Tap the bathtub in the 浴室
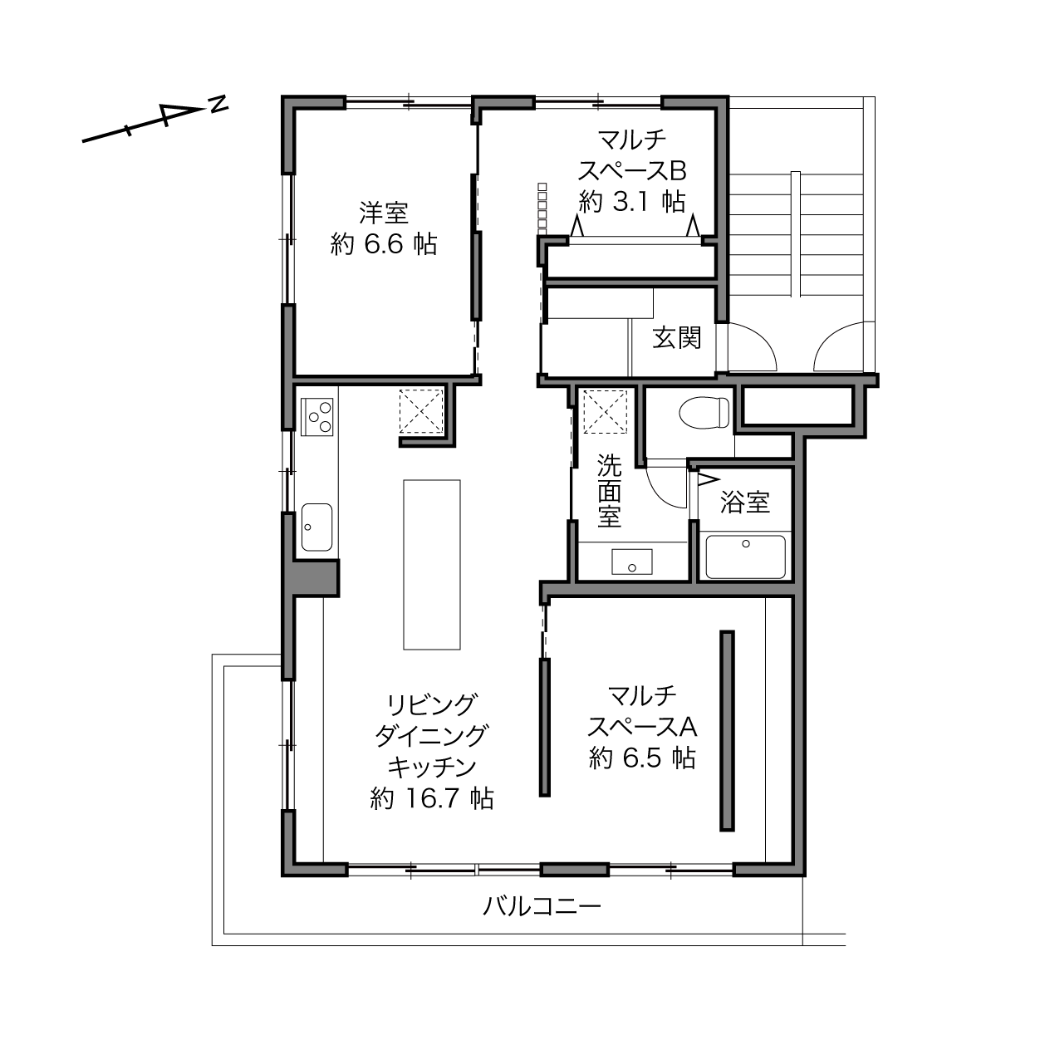[x=745, y=557]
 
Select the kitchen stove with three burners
[x=316, y=417]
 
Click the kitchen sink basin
[x=316, y=527]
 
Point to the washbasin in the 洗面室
[x=632, y=562]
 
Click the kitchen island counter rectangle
[x=432, y=565]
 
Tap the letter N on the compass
[x=218, y=103]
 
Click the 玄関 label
[x=677, y=337]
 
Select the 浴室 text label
[x=745, y=502]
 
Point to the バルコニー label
[x=542, y=906]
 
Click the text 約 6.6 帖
[x=383, y=244]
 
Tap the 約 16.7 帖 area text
[x=432, y=798]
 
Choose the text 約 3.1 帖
[x=632, y=202]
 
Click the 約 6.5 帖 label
[x=642, y=758]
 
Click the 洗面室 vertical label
[x=610, y=491]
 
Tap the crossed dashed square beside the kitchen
[x=421, y=410]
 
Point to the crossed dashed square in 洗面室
[x=606, y=410]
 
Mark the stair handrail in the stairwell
[x=795, y=234]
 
